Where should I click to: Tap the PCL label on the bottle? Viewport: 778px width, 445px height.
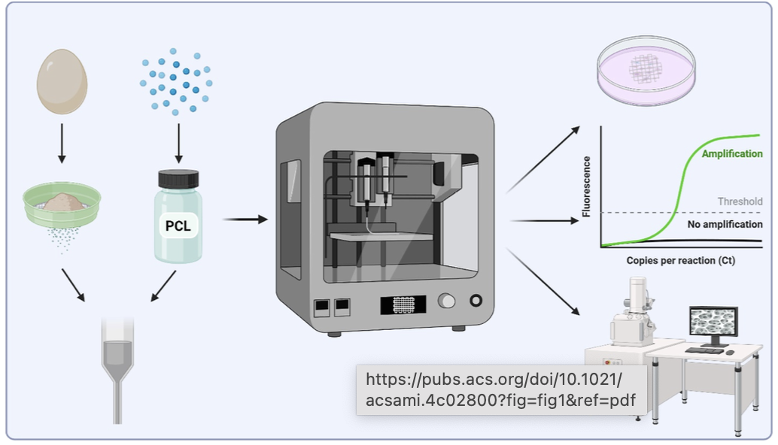(178, 225)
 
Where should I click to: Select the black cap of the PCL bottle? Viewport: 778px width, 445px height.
(178, 178)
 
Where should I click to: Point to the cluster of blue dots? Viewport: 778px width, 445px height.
(175, 81)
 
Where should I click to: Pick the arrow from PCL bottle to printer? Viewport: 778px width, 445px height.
(245, 219)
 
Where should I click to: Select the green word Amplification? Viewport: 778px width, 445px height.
(731, 153)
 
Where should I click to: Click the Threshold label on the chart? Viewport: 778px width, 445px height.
(740, 201)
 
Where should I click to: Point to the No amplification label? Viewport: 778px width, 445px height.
(725, 224)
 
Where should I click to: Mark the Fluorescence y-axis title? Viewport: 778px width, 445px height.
(586, 186)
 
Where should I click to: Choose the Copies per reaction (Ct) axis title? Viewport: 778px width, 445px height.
(680, 261)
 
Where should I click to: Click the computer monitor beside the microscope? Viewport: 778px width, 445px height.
(714, 324)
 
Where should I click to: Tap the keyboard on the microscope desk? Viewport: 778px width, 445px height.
(704, 350)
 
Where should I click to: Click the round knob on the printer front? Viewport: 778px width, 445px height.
(447, 302)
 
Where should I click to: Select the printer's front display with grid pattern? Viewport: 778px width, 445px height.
(403, 304)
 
